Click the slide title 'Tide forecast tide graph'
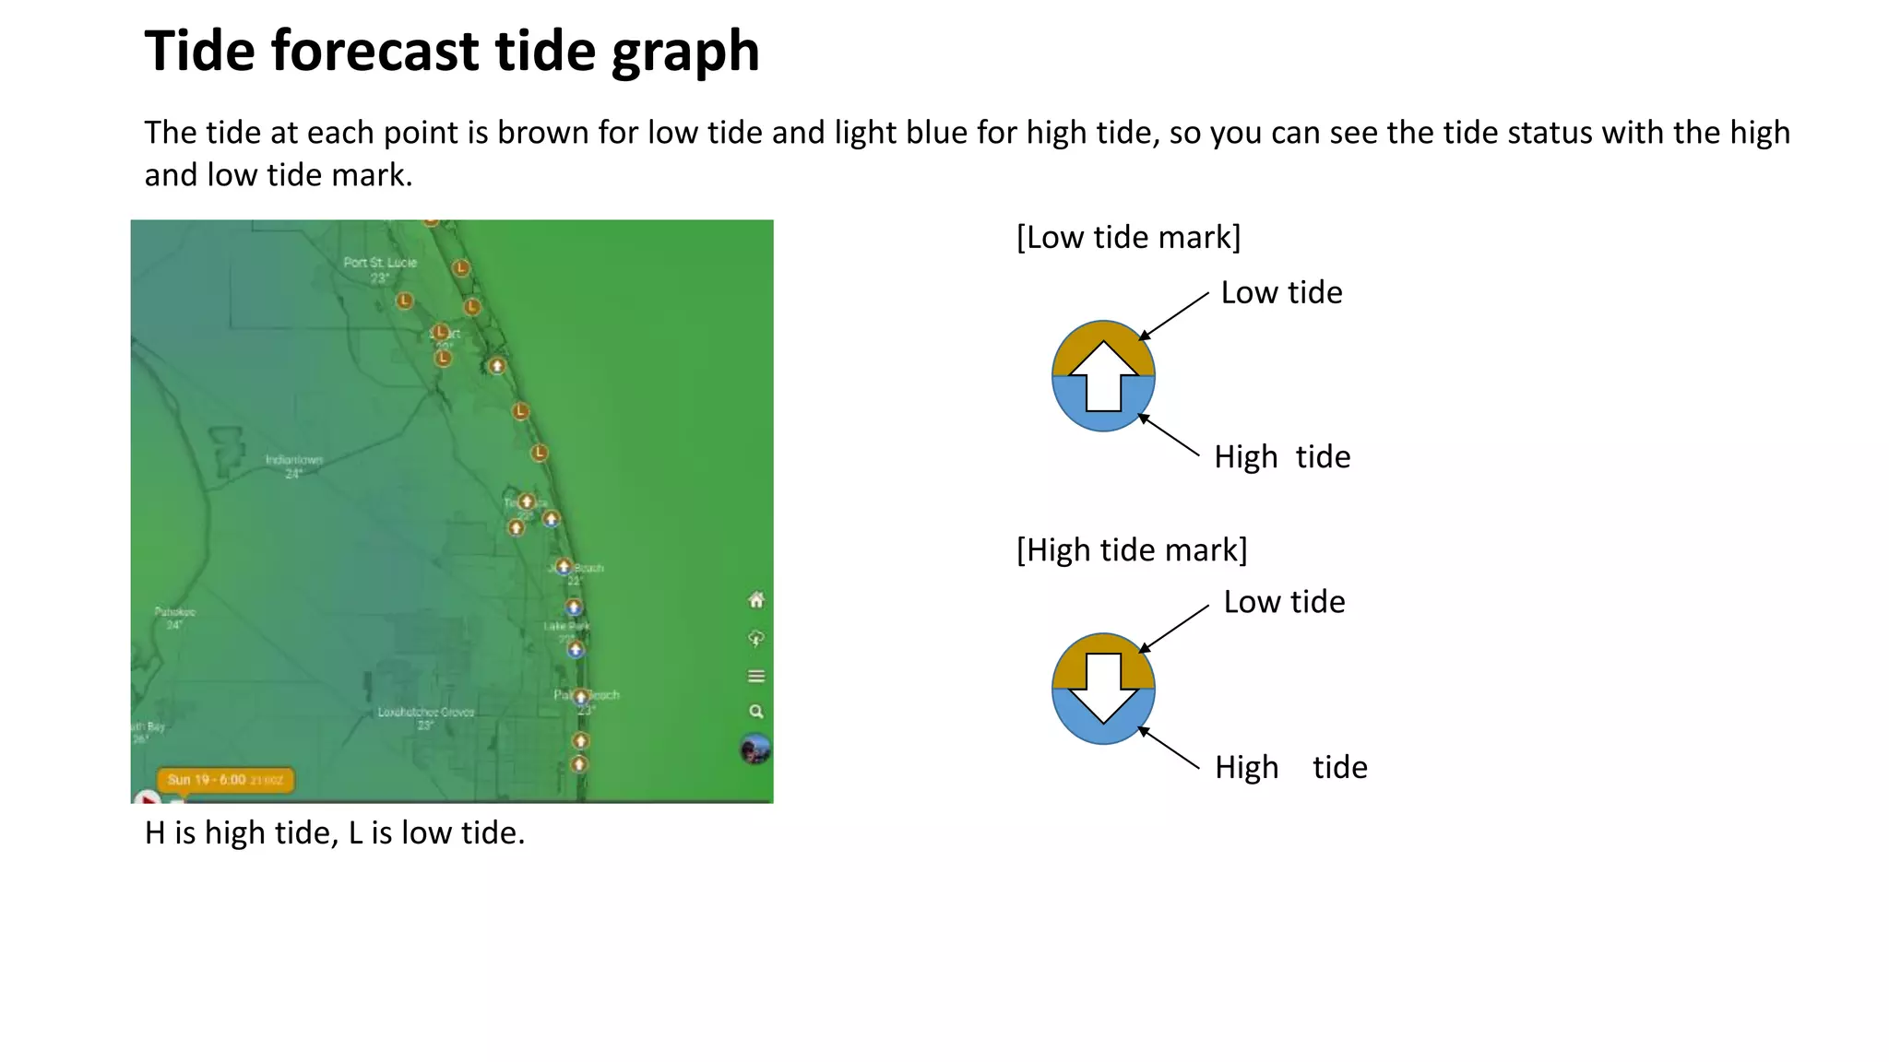click(452, 51)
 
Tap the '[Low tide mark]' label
click(1128, 238)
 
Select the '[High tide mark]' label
click(1132, 550)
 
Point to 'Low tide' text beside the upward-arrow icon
click(1281, 293)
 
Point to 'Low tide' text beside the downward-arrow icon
click(1284, 602)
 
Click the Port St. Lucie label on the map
click(380, 263)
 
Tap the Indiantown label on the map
click(294, 460)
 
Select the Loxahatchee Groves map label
click(425, 712)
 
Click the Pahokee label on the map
click(174, 612)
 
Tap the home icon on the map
click(756, 601)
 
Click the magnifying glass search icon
click(756, 712)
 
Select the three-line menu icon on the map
click(756, 677)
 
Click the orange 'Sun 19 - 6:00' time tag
click(226, 780)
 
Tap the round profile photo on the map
click(755, 749)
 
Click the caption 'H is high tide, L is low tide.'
click(335, 833)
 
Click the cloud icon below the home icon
click(756, 639)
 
